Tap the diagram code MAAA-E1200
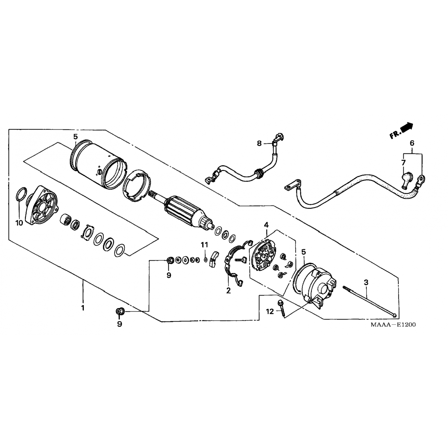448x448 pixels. (x=393, y=325)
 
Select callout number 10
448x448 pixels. (x=19, y=223)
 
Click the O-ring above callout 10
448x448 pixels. (x=20, y=197)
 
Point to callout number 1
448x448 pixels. (x=83, y=308)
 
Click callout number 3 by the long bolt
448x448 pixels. (x=366, y=282)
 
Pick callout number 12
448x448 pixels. (x=270, y=312)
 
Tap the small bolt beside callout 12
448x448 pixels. (x=282, y=309)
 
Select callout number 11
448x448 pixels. (x=204, y=245)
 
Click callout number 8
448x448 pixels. (x=259, y=143)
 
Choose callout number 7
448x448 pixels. (x=403, y=163)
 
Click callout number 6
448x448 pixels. (x=412, y=143)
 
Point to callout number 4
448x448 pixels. (x=266, y=224)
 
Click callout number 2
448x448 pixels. (x=228, y=290)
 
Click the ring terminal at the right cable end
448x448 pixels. (x=421, y=179)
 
